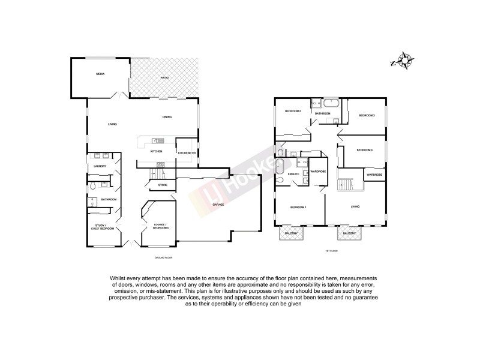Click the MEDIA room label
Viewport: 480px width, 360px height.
pyautogui.click(x=100, y=74)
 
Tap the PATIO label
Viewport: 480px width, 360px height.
pyautogui.click(x=164, y=79)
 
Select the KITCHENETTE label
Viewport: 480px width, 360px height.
pyautogui.click(x=186, y=153)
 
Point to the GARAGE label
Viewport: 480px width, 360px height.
pyautogui.click(x=218, y=205)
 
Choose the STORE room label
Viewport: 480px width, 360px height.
pyautogui.click(x=163, y=185)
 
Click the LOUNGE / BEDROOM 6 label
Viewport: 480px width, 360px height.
pyautogui.click(x=160, y=227)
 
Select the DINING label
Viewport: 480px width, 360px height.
pyautogui.click(x=167, y=117)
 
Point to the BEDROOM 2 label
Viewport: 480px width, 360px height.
pyautogui.click(x=292, y=111)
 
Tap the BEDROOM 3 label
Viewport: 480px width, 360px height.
pyautogui.click(x=367, y=115)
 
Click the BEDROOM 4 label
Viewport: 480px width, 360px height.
pyautogui.click(x=365, y=150)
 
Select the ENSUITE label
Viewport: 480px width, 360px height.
pyautogui.click(x=294, y=174)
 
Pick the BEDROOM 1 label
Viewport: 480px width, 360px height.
pyautogui.click(x=298, y=207)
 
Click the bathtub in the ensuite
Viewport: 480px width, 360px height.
pyautogui.click(x=280, y=172)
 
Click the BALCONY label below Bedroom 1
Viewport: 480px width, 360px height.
pyautogui.click(x=291, y=233)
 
